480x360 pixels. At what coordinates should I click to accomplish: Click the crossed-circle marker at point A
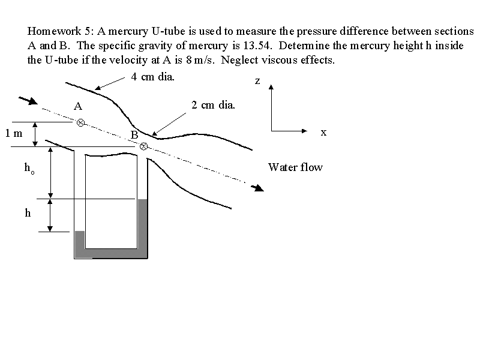pos(80,123)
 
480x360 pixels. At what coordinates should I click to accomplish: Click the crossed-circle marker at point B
pos(143,146)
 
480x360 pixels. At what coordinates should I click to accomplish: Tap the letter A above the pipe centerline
pos(78,106)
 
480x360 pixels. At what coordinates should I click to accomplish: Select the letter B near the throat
pos(134,134)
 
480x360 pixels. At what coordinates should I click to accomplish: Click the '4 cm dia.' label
pos(153,77)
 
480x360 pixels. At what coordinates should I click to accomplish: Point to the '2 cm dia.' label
pos(214,105)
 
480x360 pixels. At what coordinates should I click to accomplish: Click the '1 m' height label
pos(14,133)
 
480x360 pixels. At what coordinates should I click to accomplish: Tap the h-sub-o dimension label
pos(29,169)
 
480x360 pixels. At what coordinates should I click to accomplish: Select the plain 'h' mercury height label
pos(28,212)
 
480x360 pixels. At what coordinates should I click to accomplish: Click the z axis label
pos(257,81)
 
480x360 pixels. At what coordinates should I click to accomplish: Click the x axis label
pos(323,132)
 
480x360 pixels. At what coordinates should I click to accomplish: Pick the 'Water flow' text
pos(295,167)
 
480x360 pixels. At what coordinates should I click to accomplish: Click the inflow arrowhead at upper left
pos(32,101)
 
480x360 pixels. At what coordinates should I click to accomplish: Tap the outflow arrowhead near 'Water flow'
pos(258,188)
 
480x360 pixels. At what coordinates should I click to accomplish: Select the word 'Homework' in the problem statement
pos(54,31)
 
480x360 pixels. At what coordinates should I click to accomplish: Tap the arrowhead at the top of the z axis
pos(271,87)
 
